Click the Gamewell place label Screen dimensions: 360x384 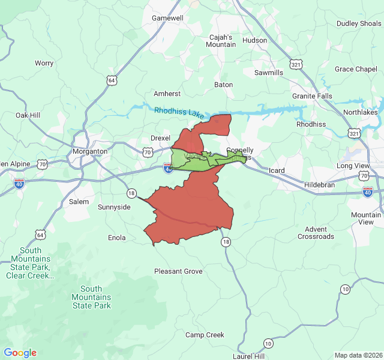point(167,18)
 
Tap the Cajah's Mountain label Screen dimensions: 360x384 point(222,40)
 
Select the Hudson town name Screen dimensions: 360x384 point(254,40)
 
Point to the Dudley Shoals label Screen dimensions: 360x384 point(359,23)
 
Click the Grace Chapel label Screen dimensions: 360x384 point(356,69)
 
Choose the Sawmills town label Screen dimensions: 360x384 point(269,73)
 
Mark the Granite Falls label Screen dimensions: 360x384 point(312,96)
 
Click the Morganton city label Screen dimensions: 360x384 point(90,151)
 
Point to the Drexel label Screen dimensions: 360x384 point(160,137)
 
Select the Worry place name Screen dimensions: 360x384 point(44,63)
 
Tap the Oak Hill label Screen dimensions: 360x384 point(28,115)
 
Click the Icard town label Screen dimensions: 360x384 point(277,170)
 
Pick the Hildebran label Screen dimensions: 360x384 point(320,185)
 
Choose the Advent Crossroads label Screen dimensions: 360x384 point(316,233)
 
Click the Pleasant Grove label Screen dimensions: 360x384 point(178,271)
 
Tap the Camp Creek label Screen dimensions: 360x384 point(205,335)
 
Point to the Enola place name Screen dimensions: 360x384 point(116,238)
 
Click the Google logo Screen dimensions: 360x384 point(20,353)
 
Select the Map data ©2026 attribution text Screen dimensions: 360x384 point(358,355)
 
